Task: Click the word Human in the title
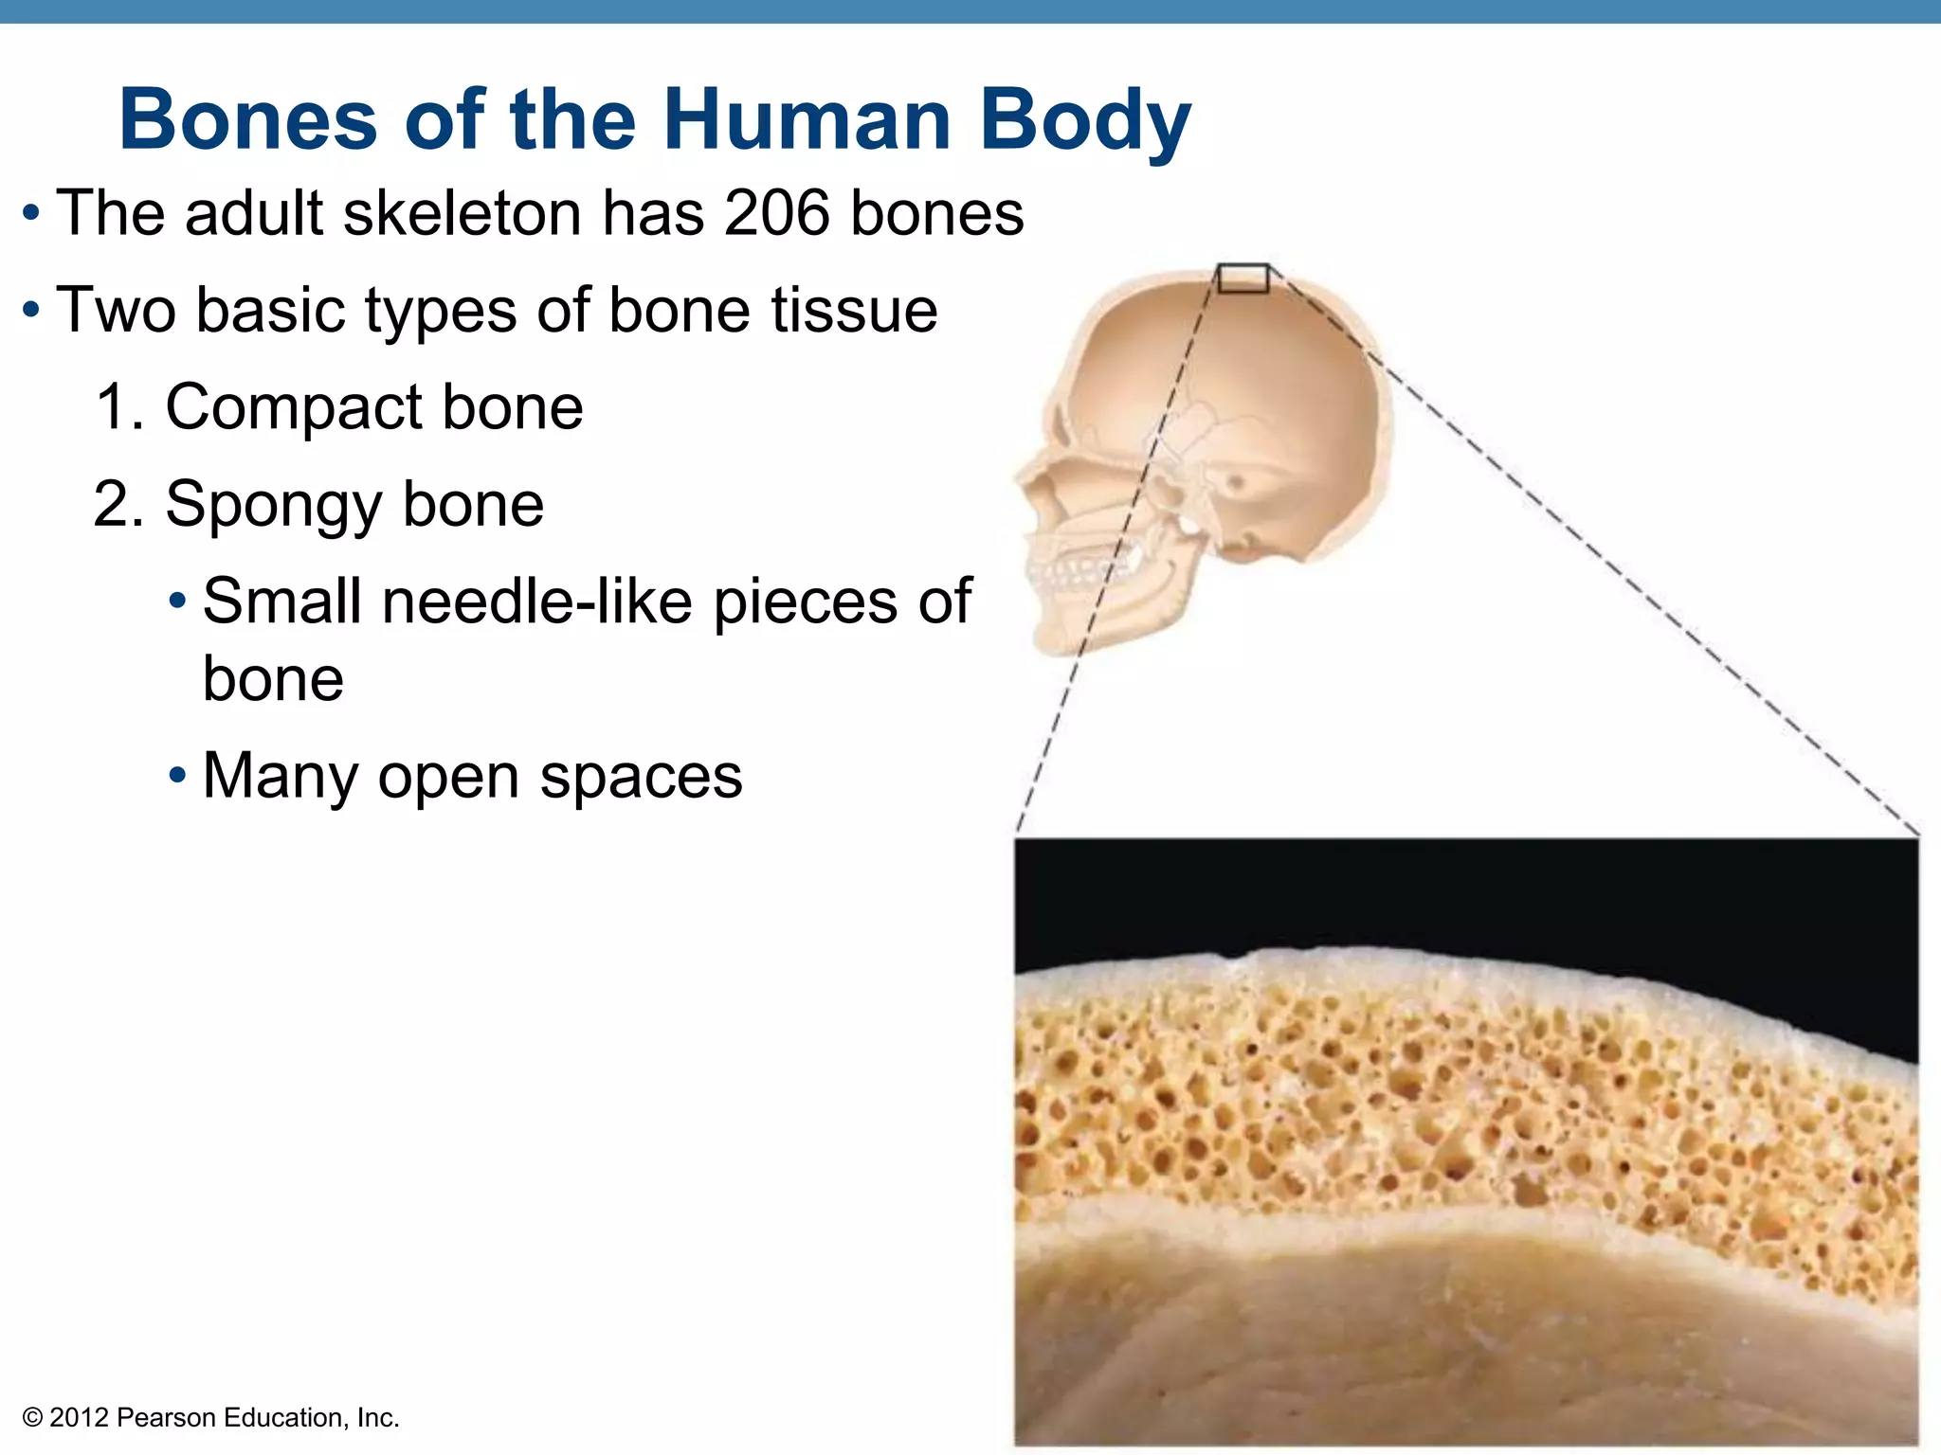(807, 120)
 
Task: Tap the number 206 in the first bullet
(777, 212)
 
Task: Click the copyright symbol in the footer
(32, 1418)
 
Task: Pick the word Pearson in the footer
(168, 1418)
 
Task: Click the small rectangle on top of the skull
(1243, 278)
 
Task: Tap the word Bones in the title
(248, 120)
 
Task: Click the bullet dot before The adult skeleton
(31, 212)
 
